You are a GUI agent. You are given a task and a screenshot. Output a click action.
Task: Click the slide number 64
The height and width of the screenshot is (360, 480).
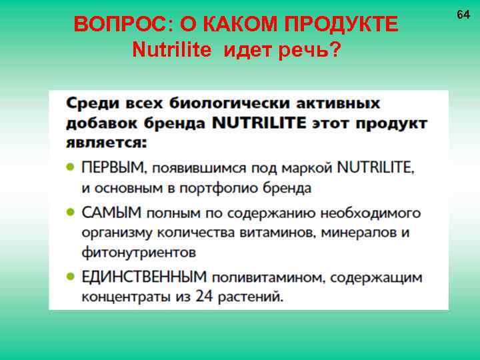click(x=463, y=14)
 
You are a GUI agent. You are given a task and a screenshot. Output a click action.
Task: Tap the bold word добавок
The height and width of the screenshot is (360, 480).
click(x=96, y=123)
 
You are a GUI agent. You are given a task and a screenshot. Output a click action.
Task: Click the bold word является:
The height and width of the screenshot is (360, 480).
click(x=107, y=143)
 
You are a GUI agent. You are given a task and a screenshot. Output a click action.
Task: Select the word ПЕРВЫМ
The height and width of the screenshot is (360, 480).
click(x=111, y=167)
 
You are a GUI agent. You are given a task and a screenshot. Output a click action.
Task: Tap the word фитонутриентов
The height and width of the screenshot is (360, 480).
click(x=139, y=253)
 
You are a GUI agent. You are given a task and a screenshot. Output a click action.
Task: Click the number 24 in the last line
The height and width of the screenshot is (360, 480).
click(x=203, y=297)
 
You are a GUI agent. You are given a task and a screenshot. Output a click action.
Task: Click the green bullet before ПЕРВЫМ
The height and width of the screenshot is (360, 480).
click(x=71, y=168)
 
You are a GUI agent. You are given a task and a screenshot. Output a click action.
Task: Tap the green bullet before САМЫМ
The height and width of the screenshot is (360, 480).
click(x=71, y=213)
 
